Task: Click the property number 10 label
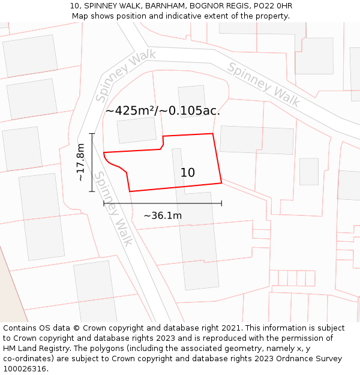[x=188, y=173]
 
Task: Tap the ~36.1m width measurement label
[x=163, y=216]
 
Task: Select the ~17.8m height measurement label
[x=81, y=162]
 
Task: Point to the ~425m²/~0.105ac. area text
[x=163, y=110]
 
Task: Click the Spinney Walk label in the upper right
[x=263, y=84]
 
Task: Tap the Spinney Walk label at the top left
[x=125, y=75]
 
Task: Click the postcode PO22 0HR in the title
[x=271, y=6]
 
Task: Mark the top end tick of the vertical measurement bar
[x=92, y=134]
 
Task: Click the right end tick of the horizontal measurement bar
[x=221, y=203]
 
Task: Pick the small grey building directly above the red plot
[x=137, y=130]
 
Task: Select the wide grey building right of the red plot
[x=257, y=140]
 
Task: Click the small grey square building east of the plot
[x=309, y=172]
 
